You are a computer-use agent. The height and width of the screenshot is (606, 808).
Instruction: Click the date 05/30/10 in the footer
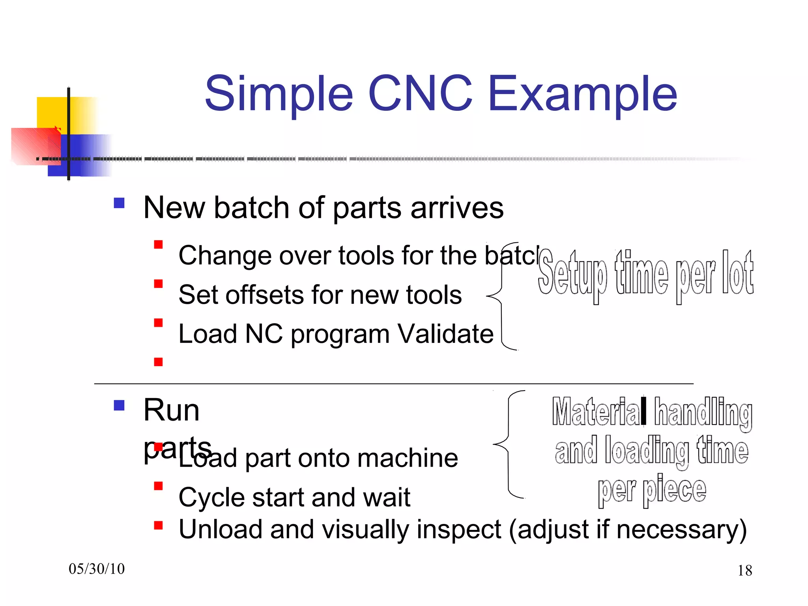pyautogui.click(x=97, y=569)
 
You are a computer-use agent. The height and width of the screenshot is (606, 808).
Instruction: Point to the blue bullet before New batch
pyautogui.click(x=119, y=203)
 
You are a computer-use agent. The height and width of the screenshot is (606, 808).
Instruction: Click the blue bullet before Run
pyautogui.click(x=119, y=406)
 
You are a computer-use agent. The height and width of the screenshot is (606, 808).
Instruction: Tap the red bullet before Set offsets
pyautogui.click(x=158, y=284)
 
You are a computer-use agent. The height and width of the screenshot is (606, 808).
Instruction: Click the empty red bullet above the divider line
pyautogui.click(x=158, y=362)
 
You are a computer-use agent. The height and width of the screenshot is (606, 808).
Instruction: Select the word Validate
pyautogui.click(x=445, y=334)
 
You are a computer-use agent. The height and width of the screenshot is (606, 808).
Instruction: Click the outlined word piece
pyautogui.click(x=674, y=490)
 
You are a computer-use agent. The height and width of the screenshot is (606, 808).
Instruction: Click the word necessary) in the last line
pyautogui.click(x=681, y=530)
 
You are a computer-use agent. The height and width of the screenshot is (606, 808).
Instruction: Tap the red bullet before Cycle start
pyautogui.click(x=158, y=486)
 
